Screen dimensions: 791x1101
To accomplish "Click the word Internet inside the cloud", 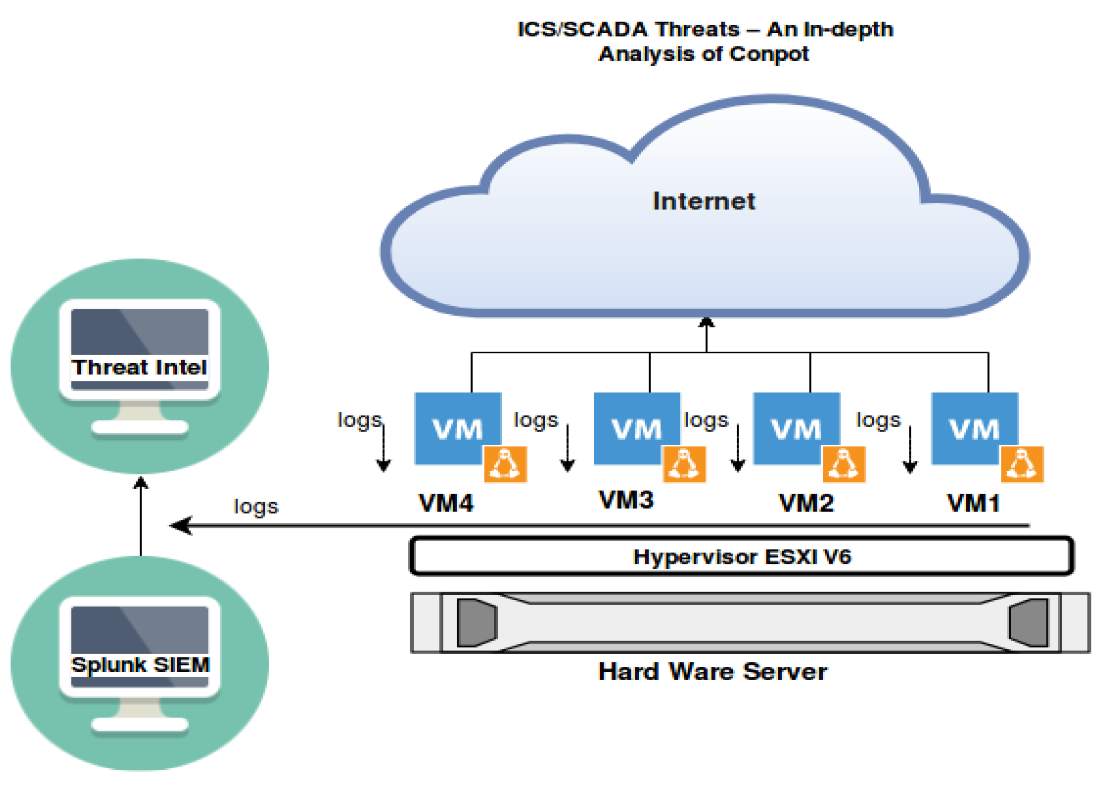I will [x=703, y=201].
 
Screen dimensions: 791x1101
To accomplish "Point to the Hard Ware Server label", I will [x=712, y=671].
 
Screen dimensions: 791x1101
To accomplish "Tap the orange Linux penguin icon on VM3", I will [x=684, y=464].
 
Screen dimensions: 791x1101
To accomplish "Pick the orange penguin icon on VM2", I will [x=844, y=464].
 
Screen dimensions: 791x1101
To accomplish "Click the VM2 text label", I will [x=806, y=503].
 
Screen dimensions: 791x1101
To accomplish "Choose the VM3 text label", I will [x=626, y=500].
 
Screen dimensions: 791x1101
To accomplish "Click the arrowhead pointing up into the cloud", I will [x=706, y=323].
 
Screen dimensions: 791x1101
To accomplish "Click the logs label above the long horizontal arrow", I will [x=256, y=507].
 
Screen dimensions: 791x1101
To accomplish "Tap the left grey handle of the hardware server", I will [x=476, y=622].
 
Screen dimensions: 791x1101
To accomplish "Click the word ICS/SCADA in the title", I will [x=582, y=30].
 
